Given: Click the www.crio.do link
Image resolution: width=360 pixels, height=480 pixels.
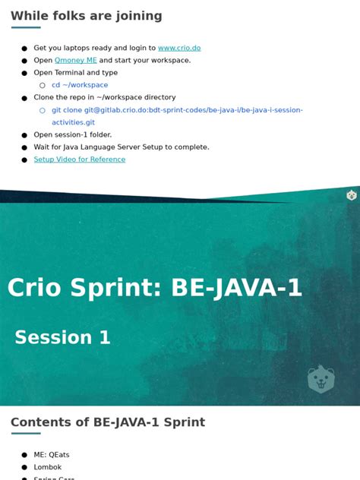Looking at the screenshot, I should tap(179, 48).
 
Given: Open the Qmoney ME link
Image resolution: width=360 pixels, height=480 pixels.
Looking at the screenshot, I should tap(76, 60).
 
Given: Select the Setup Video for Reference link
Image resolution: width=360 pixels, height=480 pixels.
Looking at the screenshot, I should tap(80, 159).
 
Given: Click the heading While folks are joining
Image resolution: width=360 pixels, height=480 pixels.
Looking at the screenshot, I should tap(87, 16).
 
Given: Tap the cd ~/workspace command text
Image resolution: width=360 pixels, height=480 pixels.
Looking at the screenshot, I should tap(80, 85).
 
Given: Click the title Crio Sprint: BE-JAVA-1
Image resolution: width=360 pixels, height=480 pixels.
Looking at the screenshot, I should tap(155, 288).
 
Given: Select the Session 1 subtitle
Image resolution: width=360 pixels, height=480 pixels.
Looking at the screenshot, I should tap(62, 337).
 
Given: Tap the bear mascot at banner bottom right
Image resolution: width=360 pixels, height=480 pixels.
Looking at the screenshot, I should tap(321, 378).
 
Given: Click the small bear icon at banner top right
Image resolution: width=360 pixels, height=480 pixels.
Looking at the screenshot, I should tap(352, 195).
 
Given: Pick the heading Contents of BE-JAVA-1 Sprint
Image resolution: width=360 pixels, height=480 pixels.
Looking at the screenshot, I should tap(108, 422).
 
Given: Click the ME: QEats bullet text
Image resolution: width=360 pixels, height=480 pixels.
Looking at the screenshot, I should tap(52, 455).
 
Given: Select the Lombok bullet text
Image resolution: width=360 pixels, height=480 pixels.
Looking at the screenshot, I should tap(48, 467).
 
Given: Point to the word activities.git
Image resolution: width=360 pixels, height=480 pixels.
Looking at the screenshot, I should tap(74, 122).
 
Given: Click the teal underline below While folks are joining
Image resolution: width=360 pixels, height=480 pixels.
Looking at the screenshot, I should tap(26, 28).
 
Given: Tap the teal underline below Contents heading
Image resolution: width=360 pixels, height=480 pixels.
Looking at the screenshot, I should tap(26, 434).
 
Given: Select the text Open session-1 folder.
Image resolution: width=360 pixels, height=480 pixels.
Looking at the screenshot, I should tap(73, 134).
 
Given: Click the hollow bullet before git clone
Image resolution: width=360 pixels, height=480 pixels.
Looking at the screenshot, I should tap(43, 110).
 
